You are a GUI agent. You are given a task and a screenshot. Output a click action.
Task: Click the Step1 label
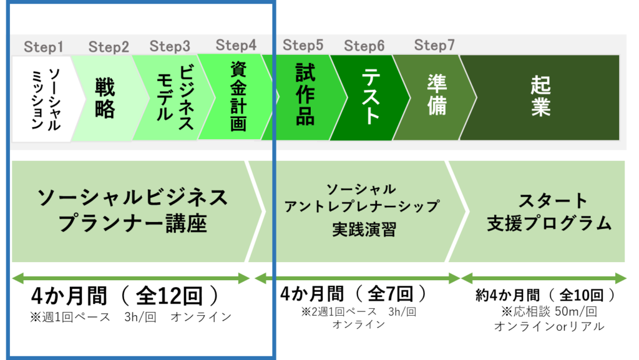[44, 47]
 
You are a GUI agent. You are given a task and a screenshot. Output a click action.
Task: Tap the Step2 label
[109, 47]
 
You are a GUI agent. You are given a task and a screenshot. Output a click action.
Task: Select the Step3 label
[170, 46]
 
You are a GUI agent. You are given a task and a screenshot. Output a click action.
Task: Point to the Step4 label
[236, 46]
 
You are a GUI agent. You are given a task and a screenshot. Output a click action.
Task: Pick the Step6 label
[364, 46]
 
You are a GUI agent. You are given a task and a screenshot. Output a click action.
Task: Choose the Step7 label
[435, 46]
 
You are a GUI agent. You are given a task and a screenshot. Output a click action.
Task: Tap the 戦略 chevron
[105, 99]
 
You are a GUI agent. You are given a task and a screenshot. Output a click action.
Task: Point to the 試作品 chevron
[305, 97]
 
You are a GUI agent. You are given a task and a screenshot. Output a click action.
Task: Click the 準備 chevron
[437, 97]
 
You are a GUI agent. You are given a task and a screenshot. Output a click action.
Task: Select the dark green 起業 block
[540, 97]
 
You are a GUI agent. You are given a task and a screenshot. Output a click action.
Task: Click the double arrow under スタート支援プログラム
[544, 278]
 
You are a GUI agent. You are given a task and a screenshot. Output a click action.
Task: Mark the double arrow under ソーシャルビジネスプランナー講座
[130, 278]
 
